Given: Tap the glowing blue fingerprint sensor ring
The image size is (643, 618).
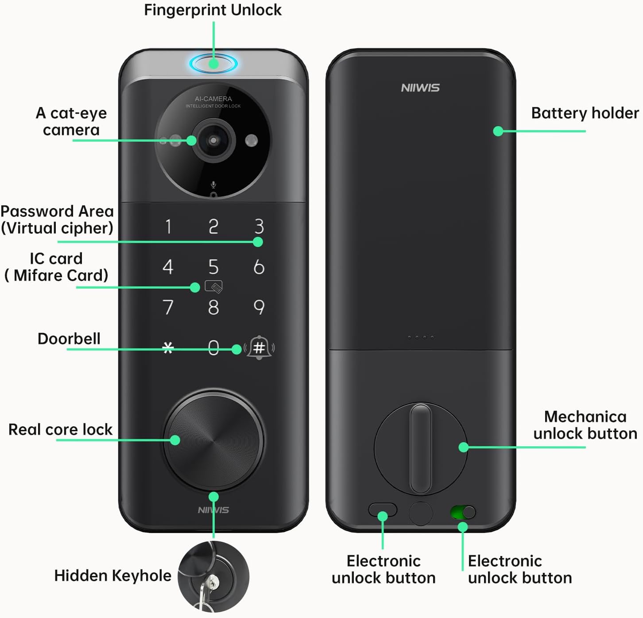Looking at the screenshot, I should click(x=213, y=63).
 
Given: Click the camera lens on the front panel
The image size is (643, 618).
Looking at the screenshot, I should click(x=213, y=140).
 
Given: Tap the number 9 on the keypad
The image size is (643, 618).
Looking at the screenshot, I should click(x=259, y=307).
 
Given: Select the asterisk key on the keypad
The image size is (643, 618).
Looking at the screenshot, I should click(x=168, y=348).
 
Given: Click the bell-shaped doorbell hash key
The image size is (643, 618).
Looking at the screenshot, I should click(x=259, y=347).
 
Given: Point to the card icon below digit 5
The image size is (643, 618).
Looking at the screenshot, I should click(x=214, y=287).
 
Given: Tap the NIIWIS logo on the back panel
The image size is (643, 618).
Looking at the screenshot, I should click(x=420, y=88).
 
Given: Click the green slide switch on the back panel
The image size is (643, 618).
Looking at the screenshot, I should click(x=463, y=513).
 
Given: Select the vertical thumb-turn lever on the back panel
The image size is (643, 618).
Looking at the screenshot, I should click(x=420, y=448).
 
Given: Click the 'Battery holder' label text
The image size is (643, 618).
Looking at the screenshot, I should click(x=585, y=113).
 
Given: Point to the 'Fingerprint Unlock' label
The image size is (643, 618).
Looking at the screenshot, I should click(x=213, y=10).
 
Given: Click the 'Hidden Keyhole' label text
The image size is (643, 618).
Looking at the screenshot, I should click(x=112, y=576).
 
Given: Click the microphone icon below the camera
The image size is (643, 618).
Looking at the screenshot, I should click(x=213, y=185).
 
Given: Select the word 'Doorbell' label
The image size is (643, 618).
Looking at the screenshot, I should click(x=69, y=339).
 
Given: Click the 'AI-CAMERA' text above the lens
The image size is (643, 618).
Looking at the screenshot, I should click(x=213, y=99).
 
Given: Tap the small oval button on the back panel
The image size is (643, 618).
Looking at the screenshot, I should click(x=383, y=510).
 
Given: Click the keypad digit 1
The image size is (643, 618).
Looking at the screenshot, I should click(x=168, y=226).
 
